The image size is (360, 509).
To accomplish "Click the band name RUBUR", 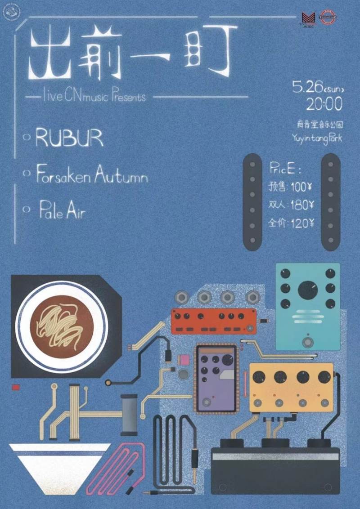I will click(x=70, y=139).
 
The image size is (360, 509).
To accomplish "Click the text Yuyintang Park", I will click(x=317, y=138).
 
